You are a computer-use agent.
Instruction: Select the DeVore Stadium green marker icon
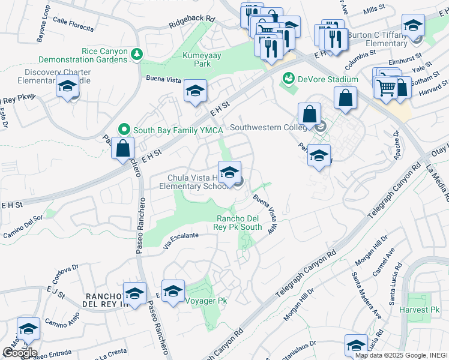click(288, 79)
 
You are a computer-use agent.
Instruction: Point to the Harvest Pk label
click(423, 310)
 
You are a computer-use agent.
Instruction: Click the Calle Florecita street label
click(73, 24)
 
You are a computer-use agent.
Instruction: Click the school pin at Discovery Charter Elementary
click(67, 88)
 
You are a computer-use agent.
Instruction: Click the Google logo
click(19, 353)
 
